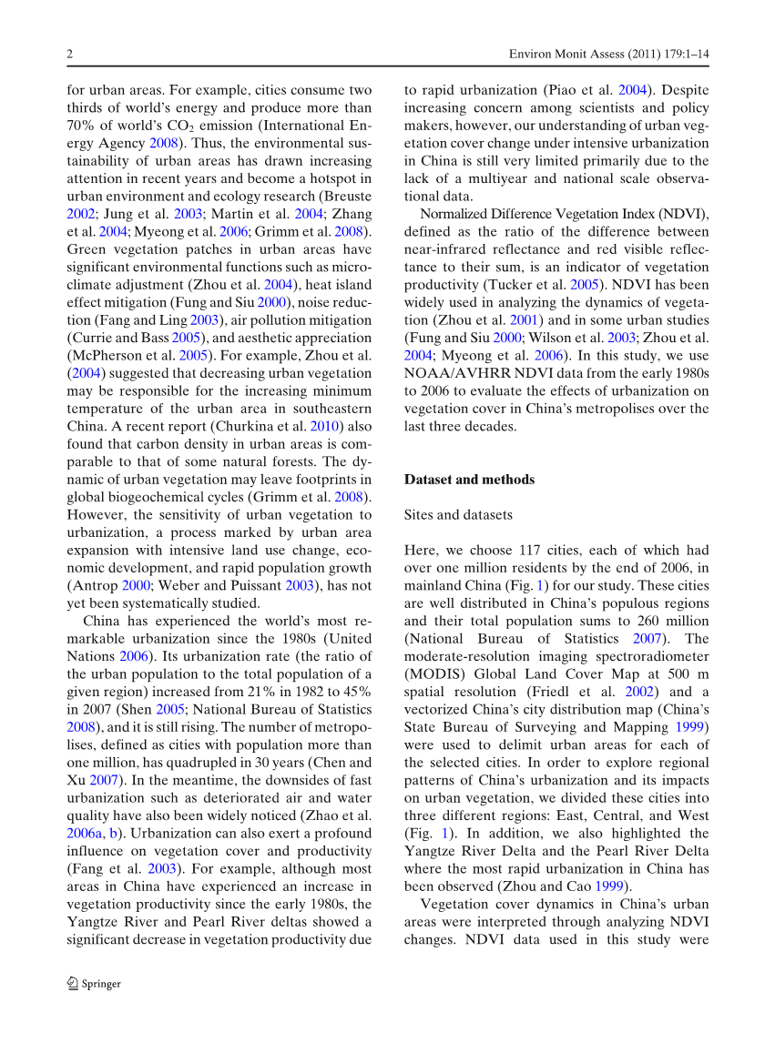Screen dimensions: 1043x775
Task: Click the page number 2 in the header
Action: (69, 55)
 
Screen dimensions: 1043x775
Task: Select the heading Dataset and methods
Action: (469, 480)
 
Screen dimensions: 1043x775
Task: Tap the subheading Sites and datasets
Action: (458, 515)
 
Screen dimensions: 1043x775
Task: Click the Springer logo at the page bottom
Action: (94, 983)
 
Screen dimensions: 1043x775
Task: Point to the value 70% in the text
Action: (82, 126)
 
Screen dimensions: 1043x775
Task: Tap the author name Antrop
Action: (92, 585)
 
